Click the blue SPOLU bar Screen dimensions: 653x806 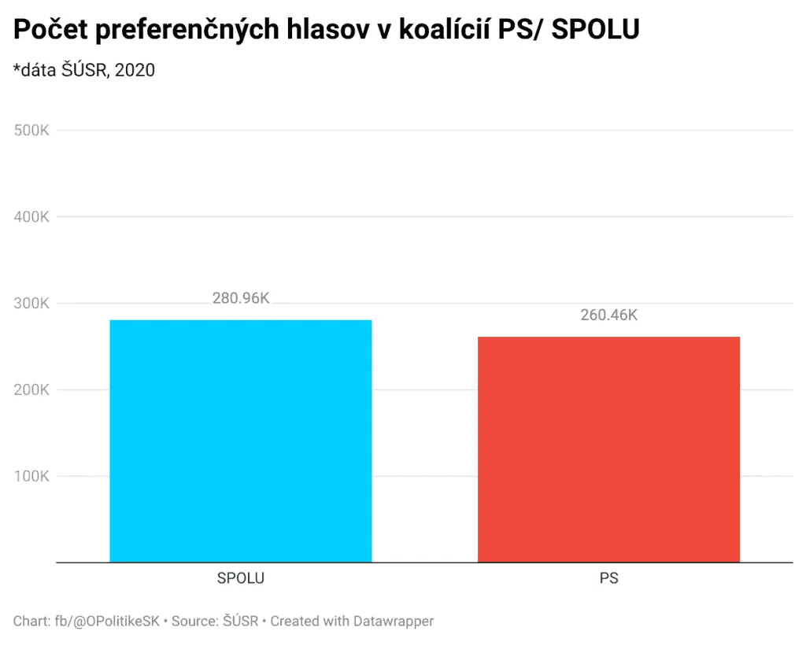click(241, 441)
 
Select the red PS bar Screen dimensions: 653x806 click(608, 449)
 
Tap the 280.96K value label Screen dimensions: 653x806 click(241, 299)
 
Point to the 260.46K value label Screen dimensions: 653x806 click(608, 315)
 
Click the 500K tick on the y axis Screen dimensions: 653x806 click(32, 131)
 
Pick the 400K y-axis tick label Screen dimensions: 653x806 click(32, 217)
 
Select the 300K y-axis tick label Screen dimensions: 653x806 click(32, 304)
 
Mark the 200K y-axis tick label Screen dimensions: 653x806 click(32, 390)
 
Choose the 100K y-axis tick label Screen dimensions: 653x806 click(32, 477)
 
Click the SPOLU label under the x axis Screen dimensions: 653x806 click(241, 578)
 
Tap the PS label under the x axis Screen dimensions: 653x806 click(608, 578)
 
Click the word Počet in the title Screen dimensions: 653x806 click(49, 30)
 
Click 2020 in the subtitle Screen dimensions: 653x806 click(135, 70)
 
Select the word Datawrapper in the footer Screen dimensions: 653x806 click(394, 622)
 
